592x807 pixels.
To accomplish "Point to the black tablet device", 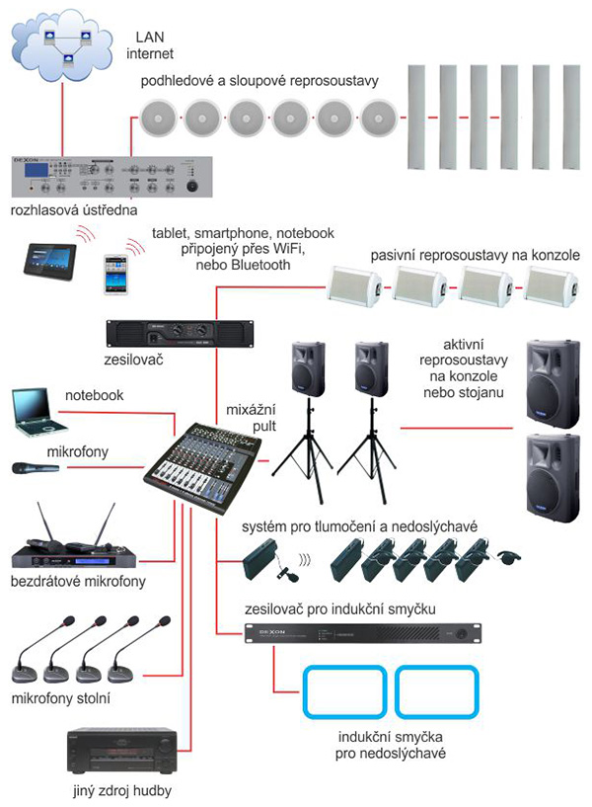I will pos(48,256).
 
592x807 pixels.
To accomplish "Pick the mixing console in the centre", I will pos(205,461).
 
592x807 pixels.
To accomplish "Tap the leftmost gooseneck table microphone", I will pos(31,657).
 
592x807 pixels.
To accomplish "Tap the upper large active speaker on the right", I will pos(551,383).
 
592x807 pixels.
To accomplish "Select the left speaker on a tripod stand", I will pos(305,368).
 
